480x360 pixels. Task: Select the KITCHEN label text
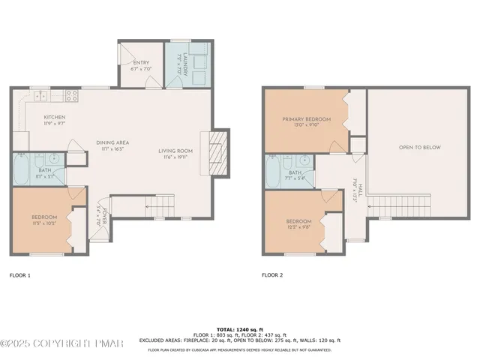[x=54, y=117]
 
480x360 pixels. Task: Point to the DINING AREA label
[x=112, y=142]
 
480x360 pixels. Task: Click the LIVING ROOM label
[x=175, y=151]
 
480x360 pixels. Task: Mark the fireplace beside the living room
[x=216, y=154]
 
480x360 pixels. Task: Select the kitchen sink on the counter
[x=40, y=95]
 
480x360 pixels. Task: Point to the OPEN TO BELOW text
[x=419, y=148]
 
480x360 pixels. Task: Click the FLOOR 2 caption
[x=272, y=275]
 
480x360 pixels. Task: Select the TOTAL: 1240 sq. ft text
[x=239, y=329]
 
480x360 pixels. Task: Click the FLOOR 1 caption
[x=19, y=275]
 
